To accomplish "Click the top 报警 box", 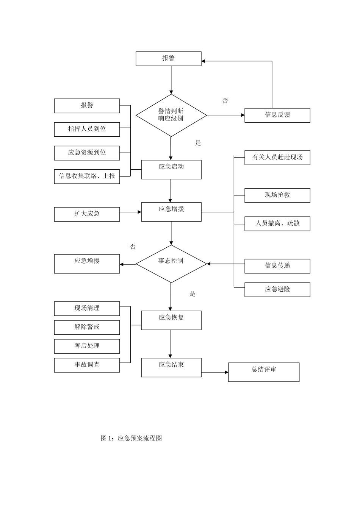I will click(x=169, y=59).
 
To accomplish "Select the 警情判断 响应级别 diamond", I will click(x=171, y=115).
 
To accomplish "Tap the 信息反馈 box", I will click(x=277, y=115).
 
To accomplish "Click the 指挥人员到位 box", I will click(x=87, y=129).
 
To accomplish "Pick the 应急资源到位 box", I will click(x=87, y=153).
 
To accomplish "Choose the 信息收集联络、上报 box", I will click(x=87, y=176).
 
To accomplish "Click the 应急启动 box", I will click(x=171, y=169).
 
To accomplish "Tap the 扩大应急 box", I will click(x=87, y=214).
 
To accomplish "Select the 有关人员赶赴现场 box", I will click(x=277, y=158).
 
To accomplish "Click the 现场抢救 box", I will click(x=277, y=195).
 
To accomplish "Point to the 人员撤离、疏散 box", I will click(x=277, y=223).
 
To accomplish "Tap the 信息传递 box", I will click(x=277, y=266).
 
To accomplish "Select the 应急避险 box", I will click(x=277, y=289).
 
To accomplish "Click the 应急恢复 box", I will click(x=171, y=320).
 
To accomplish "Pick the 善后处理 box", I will click(x=87, y=346).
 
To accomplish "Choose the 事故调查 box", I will click(x=87, y=365).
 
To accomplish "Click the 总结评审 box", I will click(x=263, y=372).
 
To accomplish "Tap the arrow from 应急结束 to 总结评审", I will click(x=214, y=372).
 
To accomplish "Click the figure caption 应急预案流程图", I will click(x=131, y=438).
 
